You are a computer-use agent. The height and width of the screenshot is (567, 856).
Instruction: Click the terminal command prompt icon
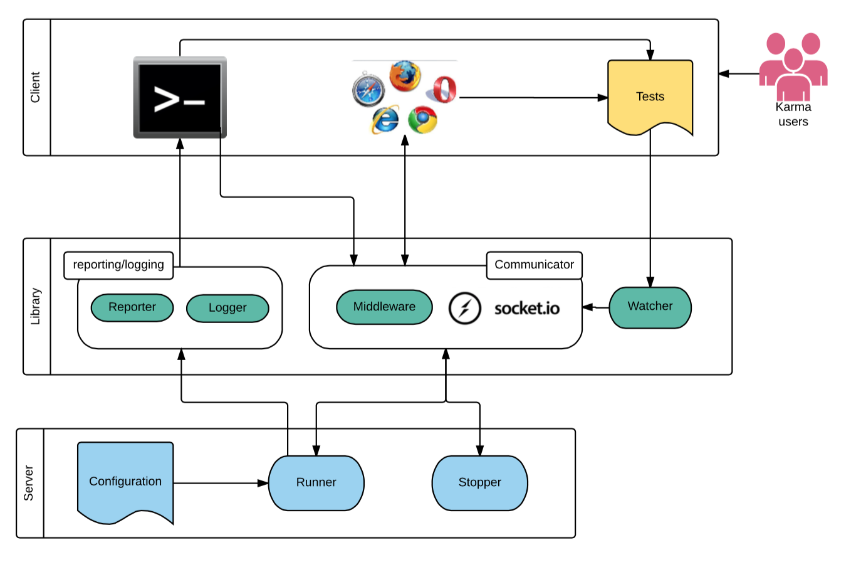[180, 97]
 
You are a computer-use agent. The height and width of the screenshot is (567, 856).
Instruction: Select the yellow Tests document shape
[650, 97]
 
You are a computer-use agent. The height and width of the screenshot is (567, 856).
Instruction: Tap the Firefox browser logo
[405, 76]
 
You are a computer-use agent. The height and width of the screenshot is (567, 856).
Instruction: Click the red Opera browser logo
[444, 89]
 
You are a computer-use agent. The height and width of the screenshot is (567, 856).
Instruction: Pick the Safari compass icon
[368, 90]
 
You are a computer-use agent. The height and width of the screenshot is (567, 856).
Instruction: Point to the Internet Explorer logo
[385, 119]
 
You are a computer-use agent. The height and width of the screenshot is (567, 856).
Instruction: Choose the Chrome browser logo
[422, 119]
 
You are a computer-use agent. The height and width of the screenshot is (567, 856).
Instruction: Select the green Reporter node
[132, 307]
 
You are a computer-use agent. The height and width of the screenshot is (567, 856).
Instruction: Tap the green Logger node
[227, 308]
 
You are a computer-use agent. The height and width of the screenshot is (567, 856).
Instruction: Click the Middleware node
[384, 307]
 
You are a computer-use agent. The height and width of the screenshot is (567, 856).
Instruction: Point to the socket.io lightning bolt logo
[464, 308]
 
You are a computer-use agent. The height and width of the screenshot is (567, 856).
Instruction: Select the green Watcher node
[650, 307]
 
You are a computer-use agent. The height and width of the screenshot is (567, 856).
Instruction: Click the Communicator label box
[534, 265]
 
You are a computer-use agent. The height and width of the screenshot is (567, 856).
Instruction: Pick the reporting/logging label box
[118, 265]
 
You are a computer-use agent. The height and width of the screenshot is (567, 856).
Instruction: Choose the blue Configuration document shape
[125, 482]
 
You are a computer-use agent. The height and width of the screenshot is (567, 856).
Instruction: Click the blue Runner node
[316, 482]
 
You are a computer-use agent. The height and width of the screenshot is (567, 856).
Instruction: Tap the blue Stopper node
[479, 482]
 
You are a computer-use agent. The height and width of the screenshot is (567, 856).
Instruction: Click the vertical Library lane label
[36, 306]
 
